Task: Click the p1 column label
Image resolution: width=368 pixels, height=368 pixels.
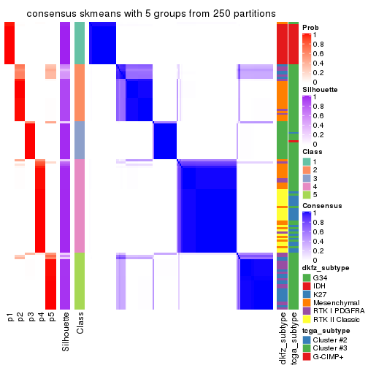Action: tap(10, 317)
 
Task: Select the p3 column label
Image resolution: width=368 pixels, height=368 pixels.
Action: tap(31, 317)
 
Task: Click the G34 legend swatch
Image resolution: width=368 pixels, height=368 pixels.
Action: tap(307, 277)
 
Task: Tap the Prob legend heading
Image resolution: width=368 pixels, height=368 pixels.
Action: tap(311, 27)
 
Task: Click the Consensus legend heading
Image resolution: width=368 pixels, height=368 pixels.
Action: tap(321, 206)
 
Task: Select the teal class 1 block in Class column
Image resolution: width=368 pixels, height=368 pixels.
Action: tap(80, 43)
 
